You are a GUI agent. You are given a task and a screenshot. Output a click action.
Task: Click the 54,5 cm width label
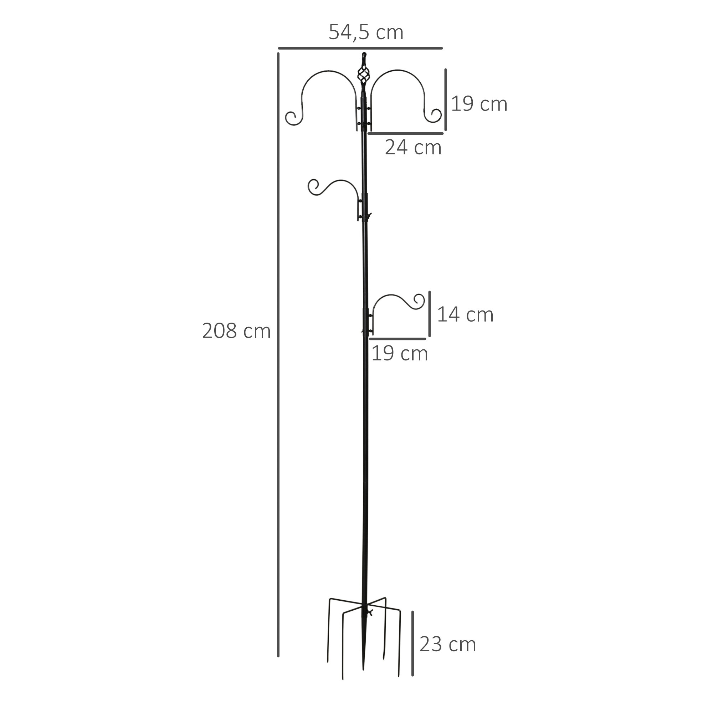click(x=366, y=32)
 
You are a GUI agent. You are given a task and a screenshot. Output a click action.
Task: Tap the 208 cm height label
click(x=236, y=331)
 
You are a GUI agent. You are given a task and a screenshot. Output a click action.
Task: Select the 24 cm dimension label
click(x=413, y=148)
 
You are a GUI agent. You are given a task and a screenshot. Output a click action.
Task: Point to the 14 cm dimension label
click(x=465, y=315)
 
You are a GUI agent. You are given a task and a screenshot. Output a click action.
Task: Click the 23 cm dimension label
click(x=448, y=644)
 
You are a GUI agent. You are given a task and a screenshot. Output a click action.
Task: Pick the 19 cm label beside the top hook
click(x=479, y=104)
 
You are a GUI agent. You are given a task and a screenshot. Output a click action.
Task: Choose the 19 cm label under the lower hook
click(x=399, y=354)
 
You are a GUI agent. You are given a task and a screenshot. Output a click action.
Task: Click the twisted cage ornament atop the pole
click(x=363, y=76)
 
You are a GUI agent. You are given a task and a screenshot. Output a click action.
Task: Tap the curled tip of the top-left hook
click(x=292, y=118)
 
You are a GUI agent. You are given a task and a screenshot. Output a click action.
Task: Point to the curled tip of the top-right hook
click(x=436, y=115)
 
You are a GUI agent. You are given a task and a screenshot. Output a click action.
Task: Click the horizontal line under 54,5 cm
click(x=360, y=48)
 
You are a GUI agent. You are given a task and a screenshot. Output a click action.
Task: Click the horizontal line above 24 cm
click(x=406, y=133)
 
